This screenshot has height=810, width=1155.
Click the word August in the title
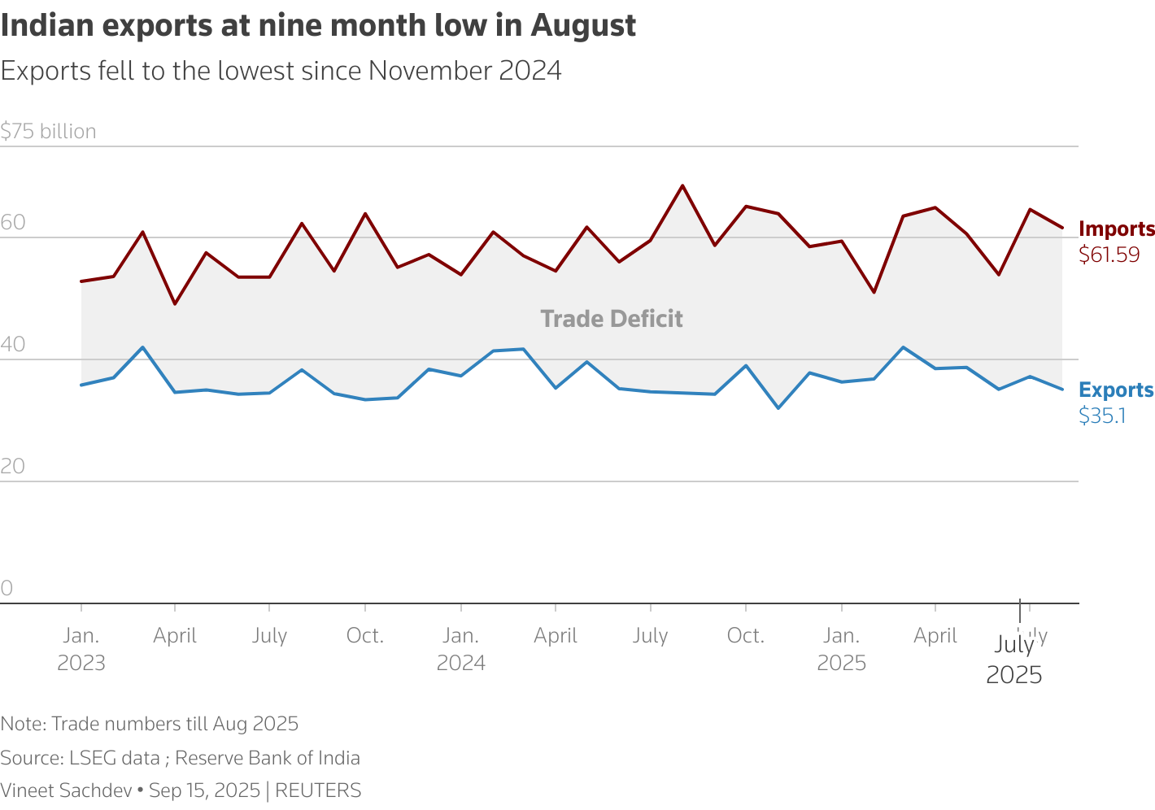tap(583, 26)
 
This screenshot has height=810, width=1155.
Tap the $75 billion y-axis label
tap(48, 131)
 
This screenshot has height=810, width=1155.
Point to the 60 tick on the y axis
tap(13, 223)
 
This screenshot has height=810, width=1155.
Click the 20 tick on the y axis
tap(13, 466)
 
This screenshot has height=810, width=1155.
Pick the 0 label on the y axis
tap(7, 588)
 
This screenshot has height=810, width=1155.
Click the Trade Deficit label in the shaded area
tap(612, 319)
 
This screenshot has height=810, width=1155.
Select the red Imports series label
tap(1116, 229)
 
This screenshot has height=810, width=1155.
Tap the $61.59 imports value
tap(1109, 255)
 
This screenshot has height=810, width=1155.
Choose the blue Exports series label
tap(1115, 390)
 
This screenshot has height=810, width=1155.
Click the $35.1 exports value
tap(1102, 416)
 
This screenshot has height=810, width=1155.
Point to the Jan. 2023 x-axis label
tap(81, 648)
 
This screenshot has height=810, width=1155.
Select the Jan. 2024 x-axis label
tap(461, 648)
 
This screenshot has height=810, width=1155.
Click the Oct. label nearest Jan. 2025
tap(745, 635)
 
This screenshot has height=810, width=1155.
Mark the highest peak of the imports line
tap(682, 185)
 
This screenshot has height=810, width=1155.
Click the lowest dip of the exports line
tap(778, 407)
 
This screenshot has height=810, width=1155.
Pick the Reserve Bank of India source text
tap(267, 758)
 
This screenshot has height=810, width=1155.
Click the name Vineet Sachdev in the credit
tap(66, 790)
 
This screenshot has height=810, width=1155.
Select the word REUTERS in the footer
tap(318, 790)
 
